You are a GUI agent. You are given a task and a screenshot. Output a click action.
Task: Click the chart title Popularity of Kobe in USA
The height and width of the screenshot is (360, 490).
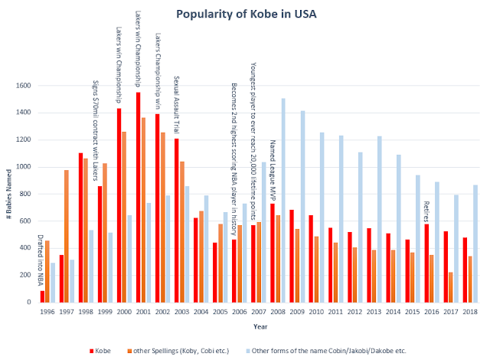(245, 15)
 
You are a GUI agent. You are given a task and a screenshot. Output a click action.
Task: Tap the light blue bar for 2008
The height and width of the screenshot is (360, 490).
(283, 200)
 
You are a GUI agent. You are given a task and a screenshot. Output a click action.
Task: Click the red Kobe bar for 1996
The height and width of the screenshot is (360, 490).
(42, 296)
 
